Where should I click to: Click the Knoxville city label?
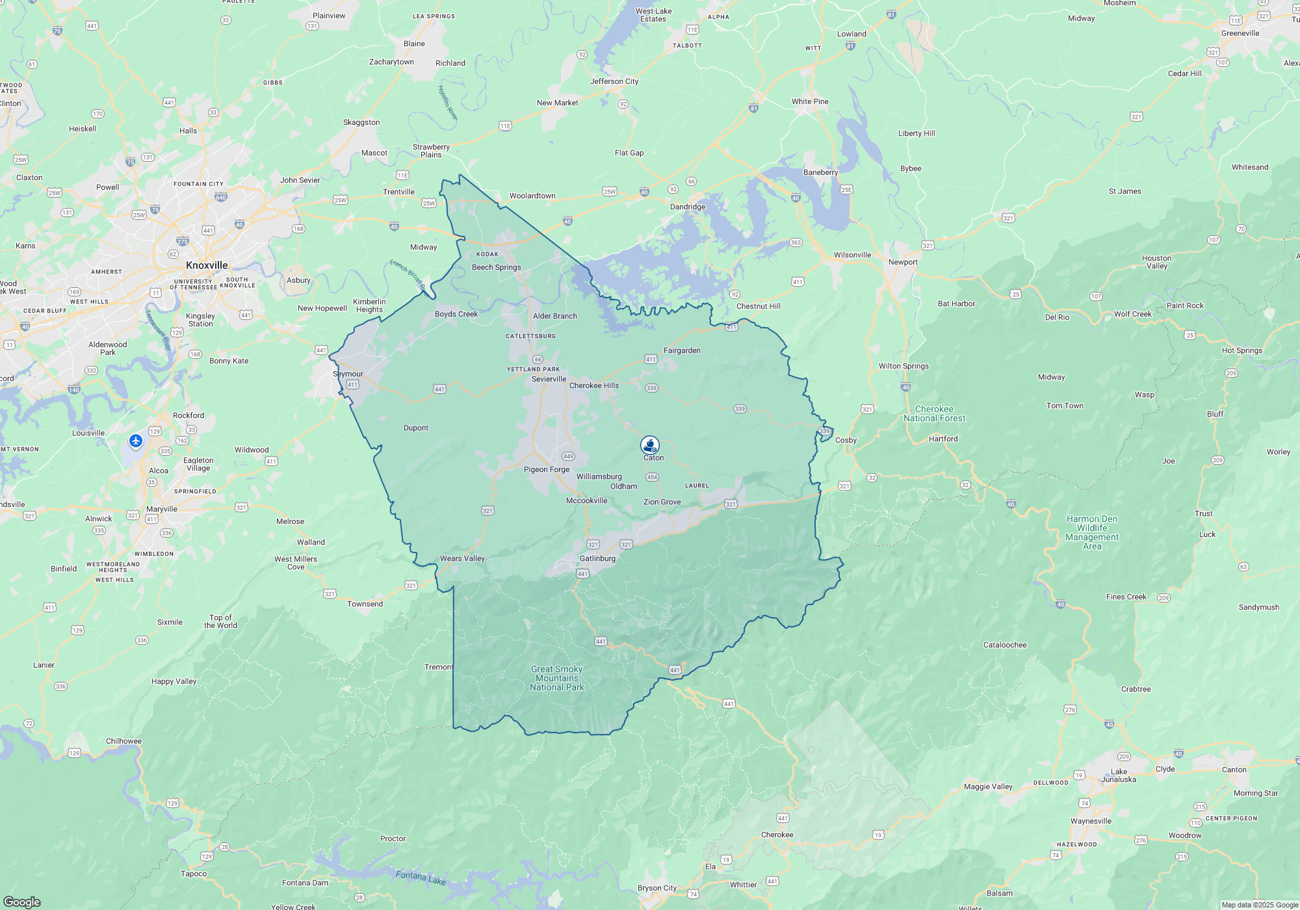[207, 265]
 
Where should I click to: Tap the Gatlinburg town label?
[597, 558]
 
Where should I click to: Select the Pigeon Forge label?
[546, 469]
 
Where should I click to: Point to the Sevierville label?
[549, 379]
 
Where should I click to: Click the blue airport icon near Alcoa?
[136, 441]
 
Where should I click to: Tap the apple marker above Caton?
[650, 445]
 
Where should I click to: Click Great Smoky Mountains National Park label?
[556, 678]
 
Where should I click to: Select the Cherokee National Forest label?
[934, 413]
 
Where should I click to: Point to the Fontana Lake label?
[421, 877]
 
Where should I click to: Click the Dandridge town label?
[687, 207]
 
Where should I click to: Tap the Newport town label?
[903, 262]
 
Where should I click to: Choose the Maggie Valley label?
[987, 786]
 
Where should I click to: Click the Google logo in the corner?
[21, 902]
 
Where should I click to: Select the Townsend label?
[365, 604]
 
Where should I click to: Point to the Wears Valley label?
[462, 558]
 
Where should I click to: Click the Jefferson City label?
[614, 81]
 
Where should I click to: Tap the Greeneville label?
[1240, 33]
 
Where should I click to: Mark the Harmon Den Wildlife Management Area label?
[1092, 532]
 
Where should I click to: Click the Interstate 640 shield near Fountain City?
[221, 198]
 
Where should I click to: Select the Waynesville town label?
[1091, 821]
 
